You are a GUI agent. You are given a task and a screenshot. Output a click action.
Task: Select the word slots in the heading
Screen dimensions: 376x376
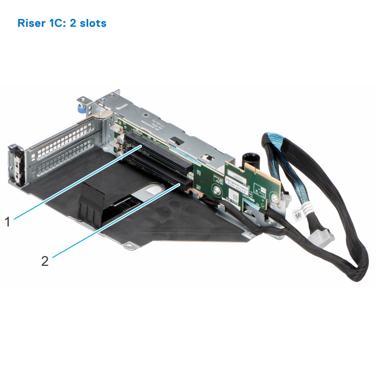click(93, 23)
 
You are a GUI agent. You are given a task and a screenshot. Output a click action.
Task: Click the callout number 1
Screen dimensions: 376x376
click(8, 221)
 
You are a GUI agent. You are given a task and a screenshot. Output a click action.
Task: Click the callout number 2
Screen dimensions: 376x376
click(45, 261)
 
